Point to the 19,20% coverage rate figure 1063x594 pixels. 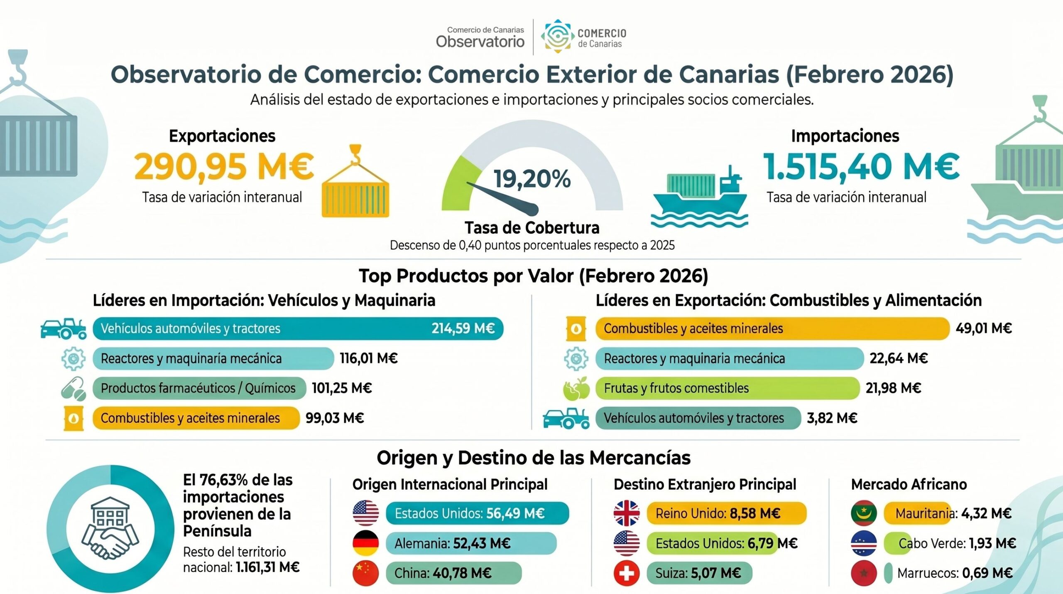pyautogui.click(x=532, y=179)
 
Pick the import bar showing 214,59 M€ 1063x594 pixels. pyautogui.click(x=298, y=328)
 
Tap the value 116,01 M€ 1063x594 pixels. pyautogui.click(x=369, y=358)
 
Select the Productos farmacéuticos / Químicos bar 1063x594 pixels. pyautogui.click(x=199, y=388)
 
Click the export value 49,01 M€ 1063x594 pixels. pyautogui.click(x=983, y=328)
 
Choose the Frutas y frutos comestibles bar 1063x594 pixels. pyautogui.click(x=727, y=388)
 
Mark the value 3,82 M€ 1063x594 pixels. pyautogui.click(x=832, y=418)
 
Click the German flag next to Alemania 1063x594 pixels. pyautogui.click(x=366, y=543)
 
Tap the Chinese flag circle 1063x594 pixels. pyautogui.click(x=366, y=573)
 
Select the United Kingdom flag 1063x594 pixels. pyautogui.click(x=627, y=513)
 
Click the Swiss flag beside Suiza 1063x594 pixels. pyautogui.click(x=627, y=573)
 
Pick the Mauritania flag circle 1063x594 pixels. pyautogui.click(x=864, y=513)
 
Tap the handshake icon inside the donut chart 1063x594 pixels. pyautogui.click(x=110, y=540)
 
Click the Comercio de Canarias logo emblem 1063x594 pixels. pyautogui.click(x=557, y=37)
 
